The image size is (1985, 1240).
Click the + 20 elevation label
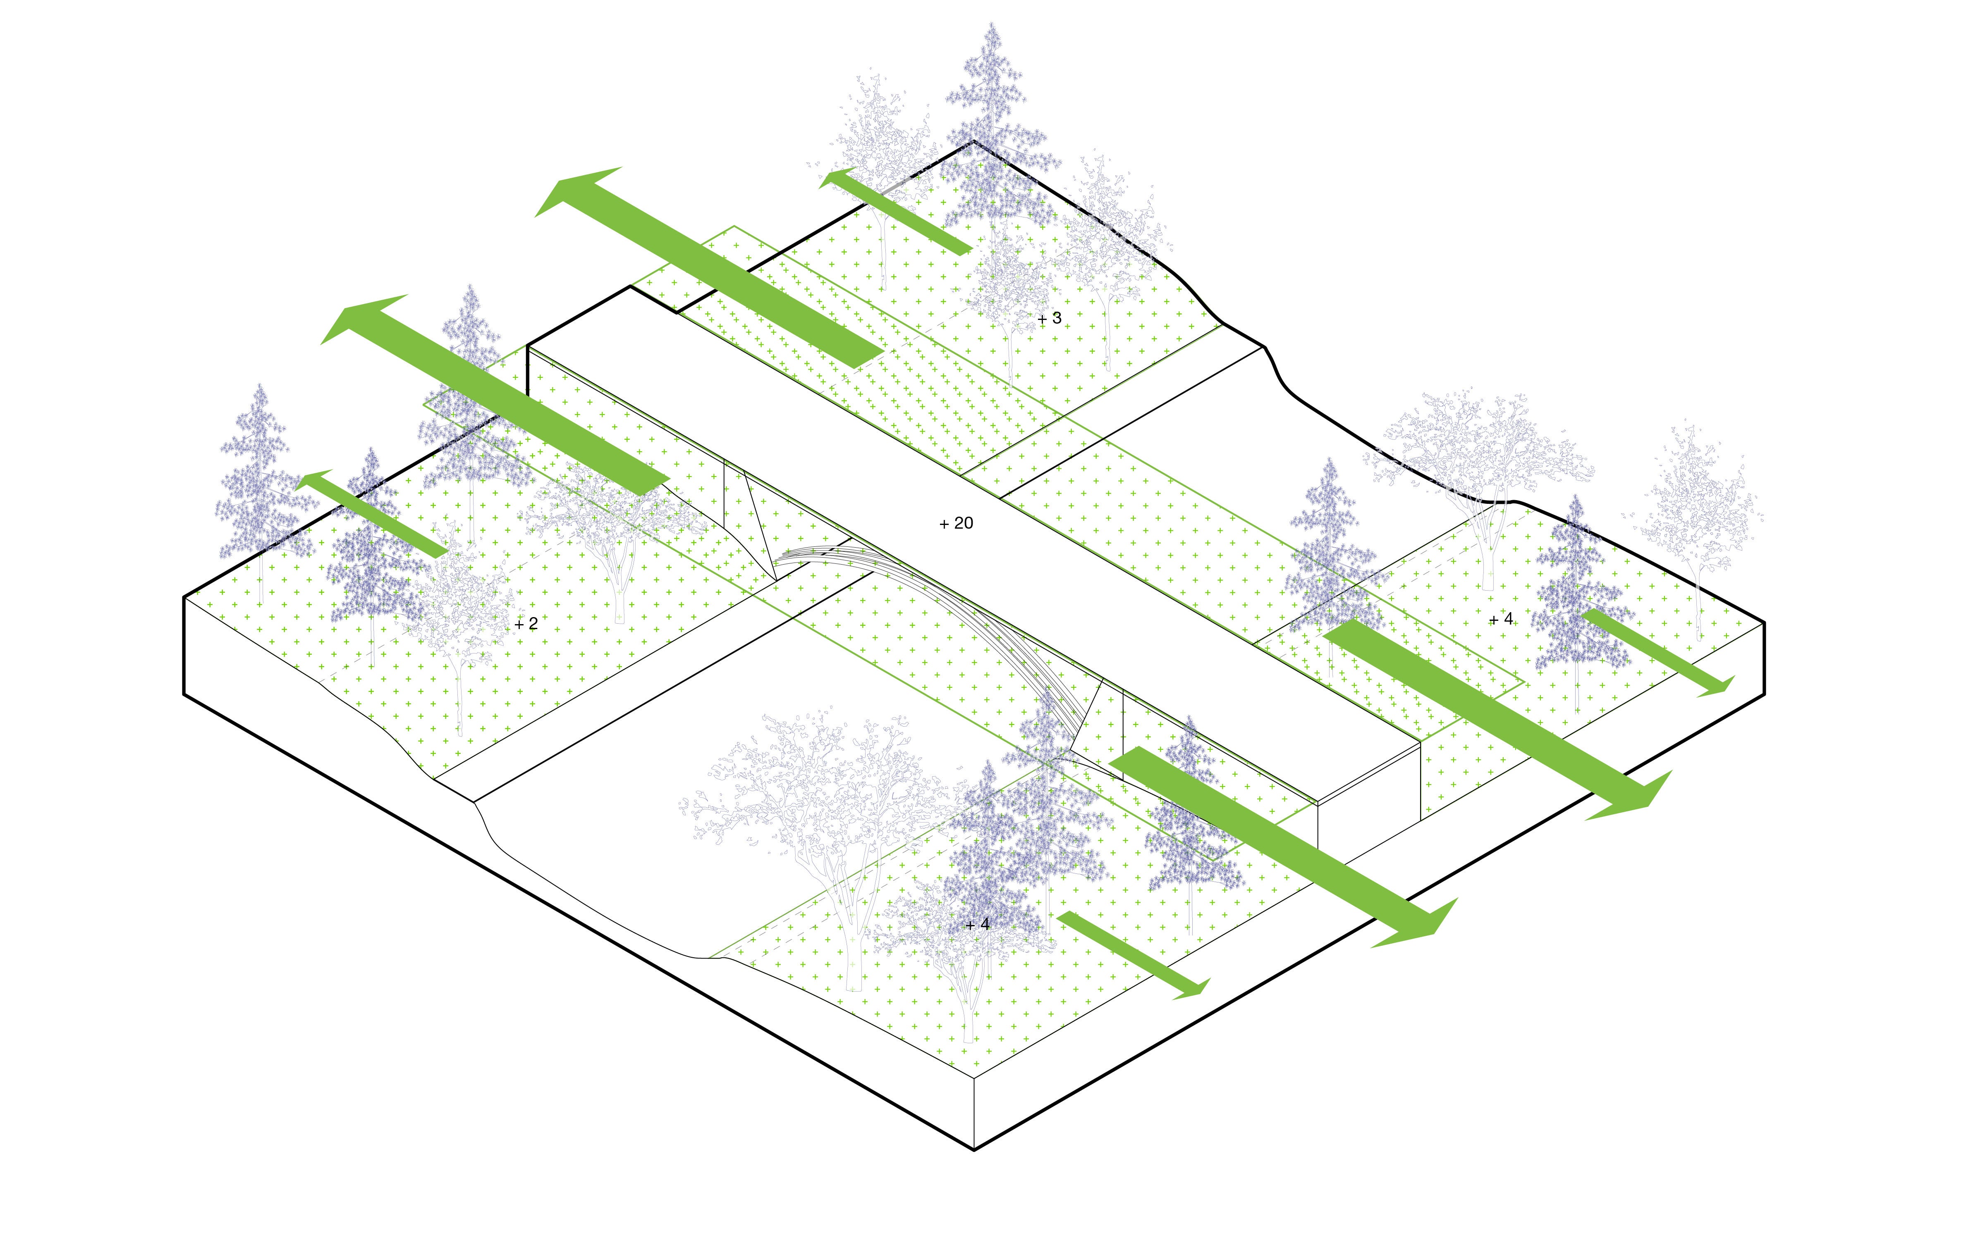coord(957,523)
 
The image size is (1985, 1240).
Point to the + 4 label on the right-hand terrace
coord(1501,619)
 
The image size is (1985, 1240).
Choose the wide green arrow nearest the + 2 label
coord(495,394)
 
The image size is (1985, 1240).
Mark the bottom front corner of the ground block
coord(973,1150)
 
